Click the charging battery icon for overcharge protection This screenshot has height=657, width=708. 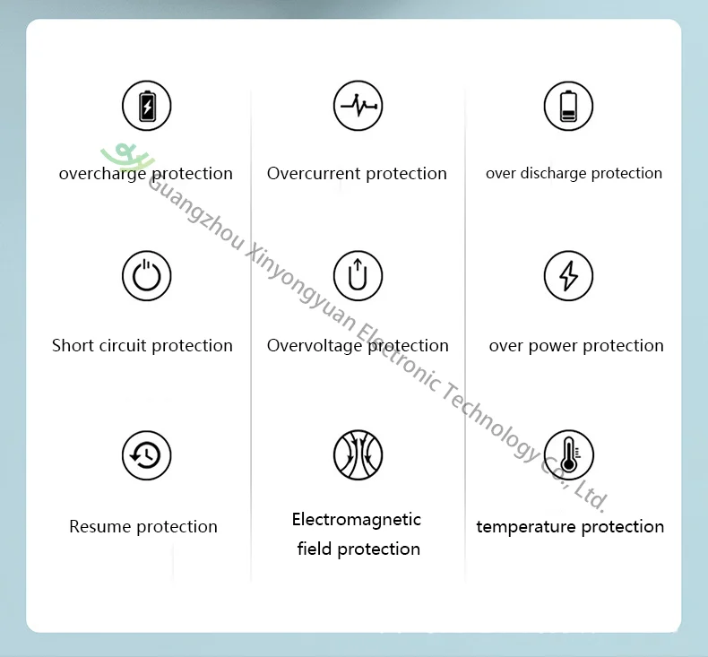pyautogui.click(x=147, y=106)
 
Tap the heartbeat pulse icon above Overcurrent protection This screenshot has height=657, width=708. pyautogui.click(x=358, y=106)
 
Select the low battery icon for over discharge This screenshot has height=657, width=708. pyautogui.click(x=568, y=106)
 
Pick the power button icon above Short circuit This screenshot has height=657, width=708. pyautogui.click(x=147, y=276)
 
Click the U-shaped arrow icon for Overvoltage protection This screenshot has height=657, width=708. pyautogui.click(x=358, y=276)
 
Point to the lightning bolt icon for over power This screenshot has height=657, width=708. pyautogui.click(x=568, y=276)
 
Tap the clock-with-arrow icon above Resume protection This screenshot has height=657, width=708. pyautogui.click(x=147, y=455)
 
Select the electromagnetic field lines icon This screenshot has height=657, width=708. pyautogui.click(x=358, y=454)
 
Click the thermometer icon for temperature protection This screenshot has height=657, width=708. pyautogui.click(x=568, y=454)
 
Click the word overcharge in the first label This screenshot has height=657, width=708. pyautogui.click(x=102, y=174)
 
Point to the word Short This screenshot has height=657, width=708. pyautogui.click(x=73, y=345)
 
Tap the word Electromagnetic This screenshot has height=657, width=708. pyautogui.click(x=357, y=520)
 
